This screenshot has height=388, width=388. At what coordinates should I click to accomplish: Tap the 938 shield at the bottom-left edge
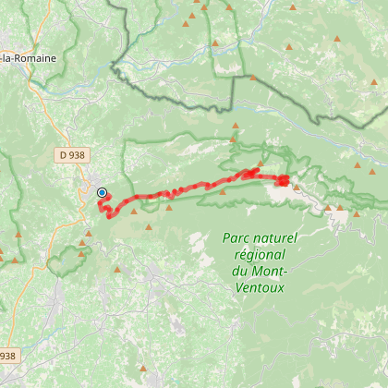(x=7, y=355)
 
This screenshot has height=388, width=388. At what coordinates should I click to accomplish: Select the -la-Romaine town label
(x=28, y=58)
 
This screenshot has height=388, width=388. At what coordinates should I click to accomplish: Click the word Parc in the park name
(x=239, y=238)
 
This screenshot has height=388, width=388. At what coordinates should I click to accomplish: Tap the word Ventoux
(x=258, y=286)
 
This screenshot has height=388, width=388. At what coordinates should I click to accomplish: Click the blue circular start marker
(x=102, y=192)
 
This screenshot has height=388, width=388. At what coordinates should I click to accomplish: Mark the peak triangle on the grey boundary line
(x=252, y=79)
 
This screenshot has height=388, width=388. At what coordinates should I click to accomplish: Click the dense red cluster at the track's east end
(x=282, y=180)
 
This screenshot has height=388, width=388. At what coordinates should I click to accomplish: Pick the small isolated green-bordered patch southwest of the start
(x=63, y=264)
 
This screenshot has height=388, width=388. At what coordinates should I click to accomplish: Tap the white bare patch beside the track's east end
(x=282, y=193)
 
